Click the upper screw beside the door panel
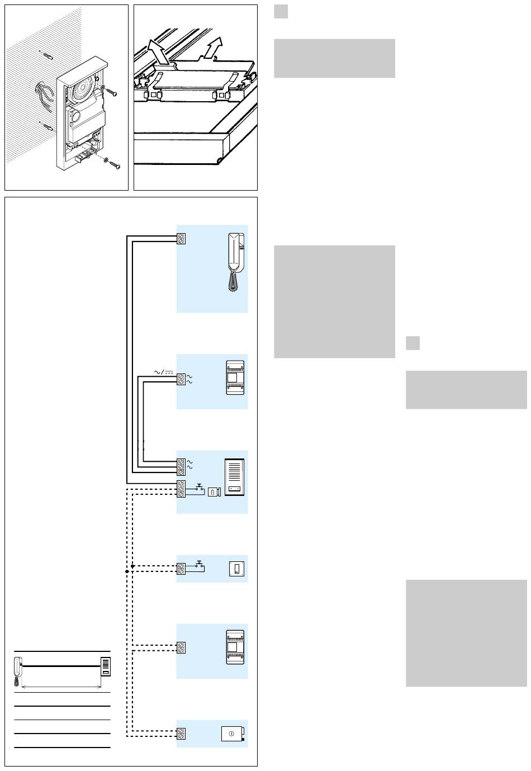tap(112, 92)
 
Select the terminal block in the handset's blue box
tap(181, 238)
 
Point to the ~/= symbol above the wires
tap(162, 370)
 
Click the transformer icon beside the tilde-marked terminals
tap(236, 379)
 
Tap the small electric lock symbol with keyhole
tap(214, 492)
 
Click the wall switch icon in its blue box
tap(237, 569)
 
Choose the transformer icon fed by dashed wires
tap(236, 647)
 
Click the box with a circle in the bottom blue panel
tap(233, 733)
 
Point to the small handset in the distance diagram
tap(18, 670)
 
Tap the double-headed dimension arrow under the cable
tap(61, 687)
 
